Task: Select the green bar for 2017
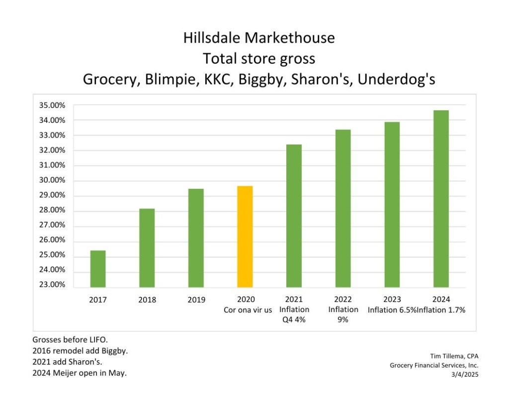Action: (x=98, y=269)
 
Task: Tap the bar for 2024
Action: (x=441, y=199)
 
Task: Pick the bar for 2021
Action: (x=294, y=216)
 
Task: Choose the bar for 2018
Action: (x=147, y=248)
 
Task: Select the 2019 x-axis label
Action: (x=196, y=300)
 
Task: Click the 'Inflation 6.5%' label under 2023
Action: (x=392, y=310)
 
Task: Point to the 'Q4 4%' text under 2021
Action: (x=293, y=320)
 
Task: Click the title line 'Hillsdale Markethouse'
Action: (x=259, y=38)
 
